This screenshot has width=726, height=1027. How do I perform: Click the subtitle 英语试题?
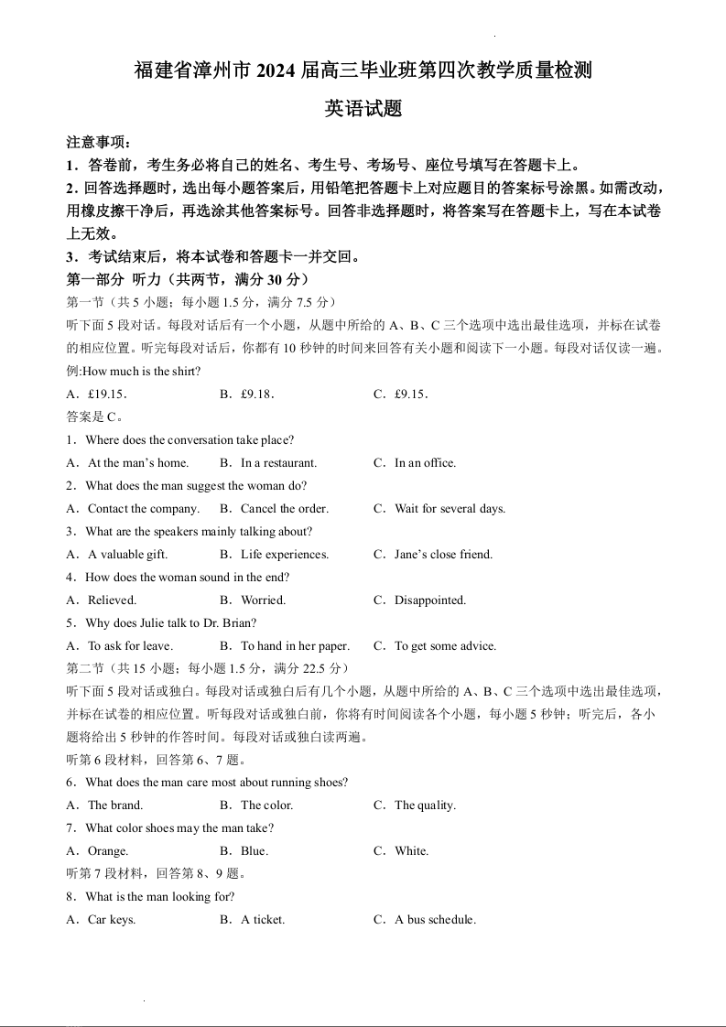click(363, 109)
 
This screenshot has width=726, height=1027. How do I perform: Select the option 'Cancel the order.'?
click(284, 509)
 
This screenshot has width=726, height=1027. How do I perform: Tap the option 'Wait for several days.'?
click(450, 509)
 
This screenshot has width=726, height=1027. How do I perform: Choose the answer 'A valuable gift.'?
click(127, 555)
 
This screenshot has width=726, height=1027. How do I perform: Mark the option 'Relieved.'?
click(112, 600)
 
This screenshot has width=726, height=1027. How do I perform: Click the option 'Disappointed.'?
click(430, 600)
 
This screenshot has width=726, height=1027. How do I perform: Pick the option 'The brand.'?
click(115, 805)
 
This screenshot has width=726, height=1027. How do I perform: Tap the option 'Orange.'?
click(108, 851)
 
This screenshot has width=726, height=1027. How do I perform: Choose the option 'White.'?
click(411, 851)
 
